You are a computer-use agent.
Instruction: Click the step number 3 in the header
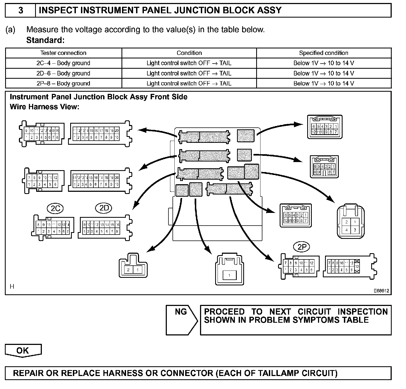click(21, 11)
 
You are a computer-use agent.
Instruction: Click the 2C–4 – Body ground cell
click(63, 63)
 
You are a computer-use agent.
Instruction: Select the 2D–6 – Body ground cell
click(63, 73)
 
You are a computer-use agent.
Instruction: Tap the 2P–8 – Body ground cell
click(63, 83)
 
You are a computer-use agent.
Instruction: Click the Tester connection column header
click(63, 53)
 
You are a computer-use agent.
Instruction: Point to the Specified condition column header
click(323, 53)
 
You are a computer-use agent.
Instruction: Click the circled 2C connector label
click(55, 208)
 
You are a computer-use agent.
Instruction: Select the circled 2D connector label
click(104, 208)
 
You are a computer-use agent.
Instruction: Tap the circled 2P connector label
click(302, 247)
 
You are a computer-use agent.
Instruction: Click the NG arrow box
click(181, 320)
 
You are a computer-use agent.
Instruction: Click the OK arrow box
click(23, 351)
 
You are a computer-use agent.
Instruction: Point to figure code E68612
click(381, 291)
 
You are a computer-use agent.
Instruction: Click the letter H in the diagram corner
click(12, 286)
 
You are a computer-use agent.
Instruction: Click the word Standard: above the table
click(45, 40)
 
